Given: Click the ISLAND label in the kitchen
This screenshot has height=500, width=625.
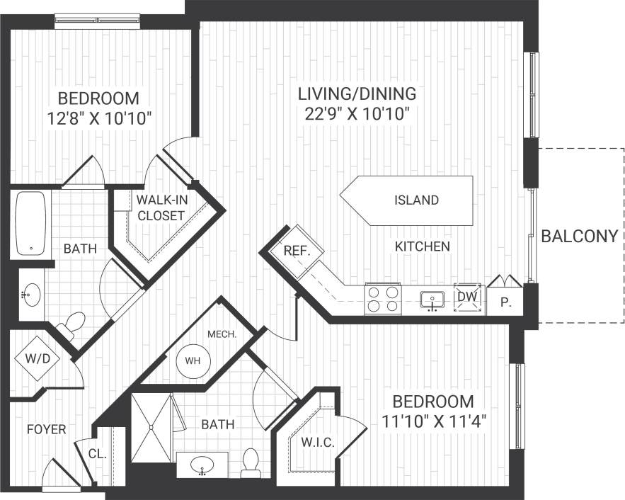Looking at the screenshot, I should click(x=416, y=200).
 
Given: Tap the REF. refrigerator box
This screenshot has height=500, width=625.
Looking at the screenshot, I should click(x=293, y=250).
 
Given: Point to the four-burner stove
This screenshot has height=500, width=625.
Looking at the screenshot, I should click(x=382, y=298).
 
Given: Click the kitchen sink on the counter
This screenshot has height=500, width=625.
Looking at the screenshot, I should click(x=431, y=300).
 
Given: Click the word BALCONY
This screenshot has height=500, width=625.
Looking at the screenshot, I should click(x=580, y=237).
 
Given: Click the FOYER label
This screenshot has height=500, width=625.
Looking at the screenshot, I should click(x=47, y=429).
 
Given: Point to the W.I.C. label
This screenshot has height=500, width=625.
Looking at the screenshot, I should click(x=316, y=443).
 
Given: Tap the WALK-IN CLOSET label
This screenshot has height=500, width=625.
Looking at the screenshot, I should click(x=161, y=207).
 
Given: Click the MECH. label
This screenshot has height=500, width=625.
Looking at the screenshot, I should click(x=222, y=334).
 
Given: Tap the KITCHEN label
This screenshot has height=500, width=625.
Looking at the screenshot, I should click(x=422, y=246).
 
